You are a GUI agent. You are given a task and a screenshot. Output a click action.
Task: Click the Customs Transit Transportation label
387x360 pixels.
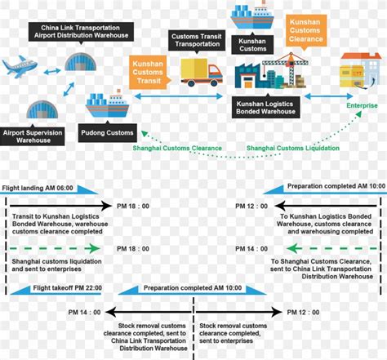[x=195, y=39]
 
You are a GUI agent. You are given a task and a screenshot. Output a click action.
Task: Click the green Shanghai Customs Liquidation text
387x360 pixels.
[x=281, y=148]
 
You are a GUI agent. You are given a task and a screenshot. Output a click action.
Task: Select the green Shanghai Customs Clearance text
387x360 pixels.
[x=178, y=148]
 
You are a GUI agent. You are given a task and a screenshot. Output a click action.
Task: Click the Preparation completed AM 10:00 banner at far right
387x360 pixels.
[x=336, y=186]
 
